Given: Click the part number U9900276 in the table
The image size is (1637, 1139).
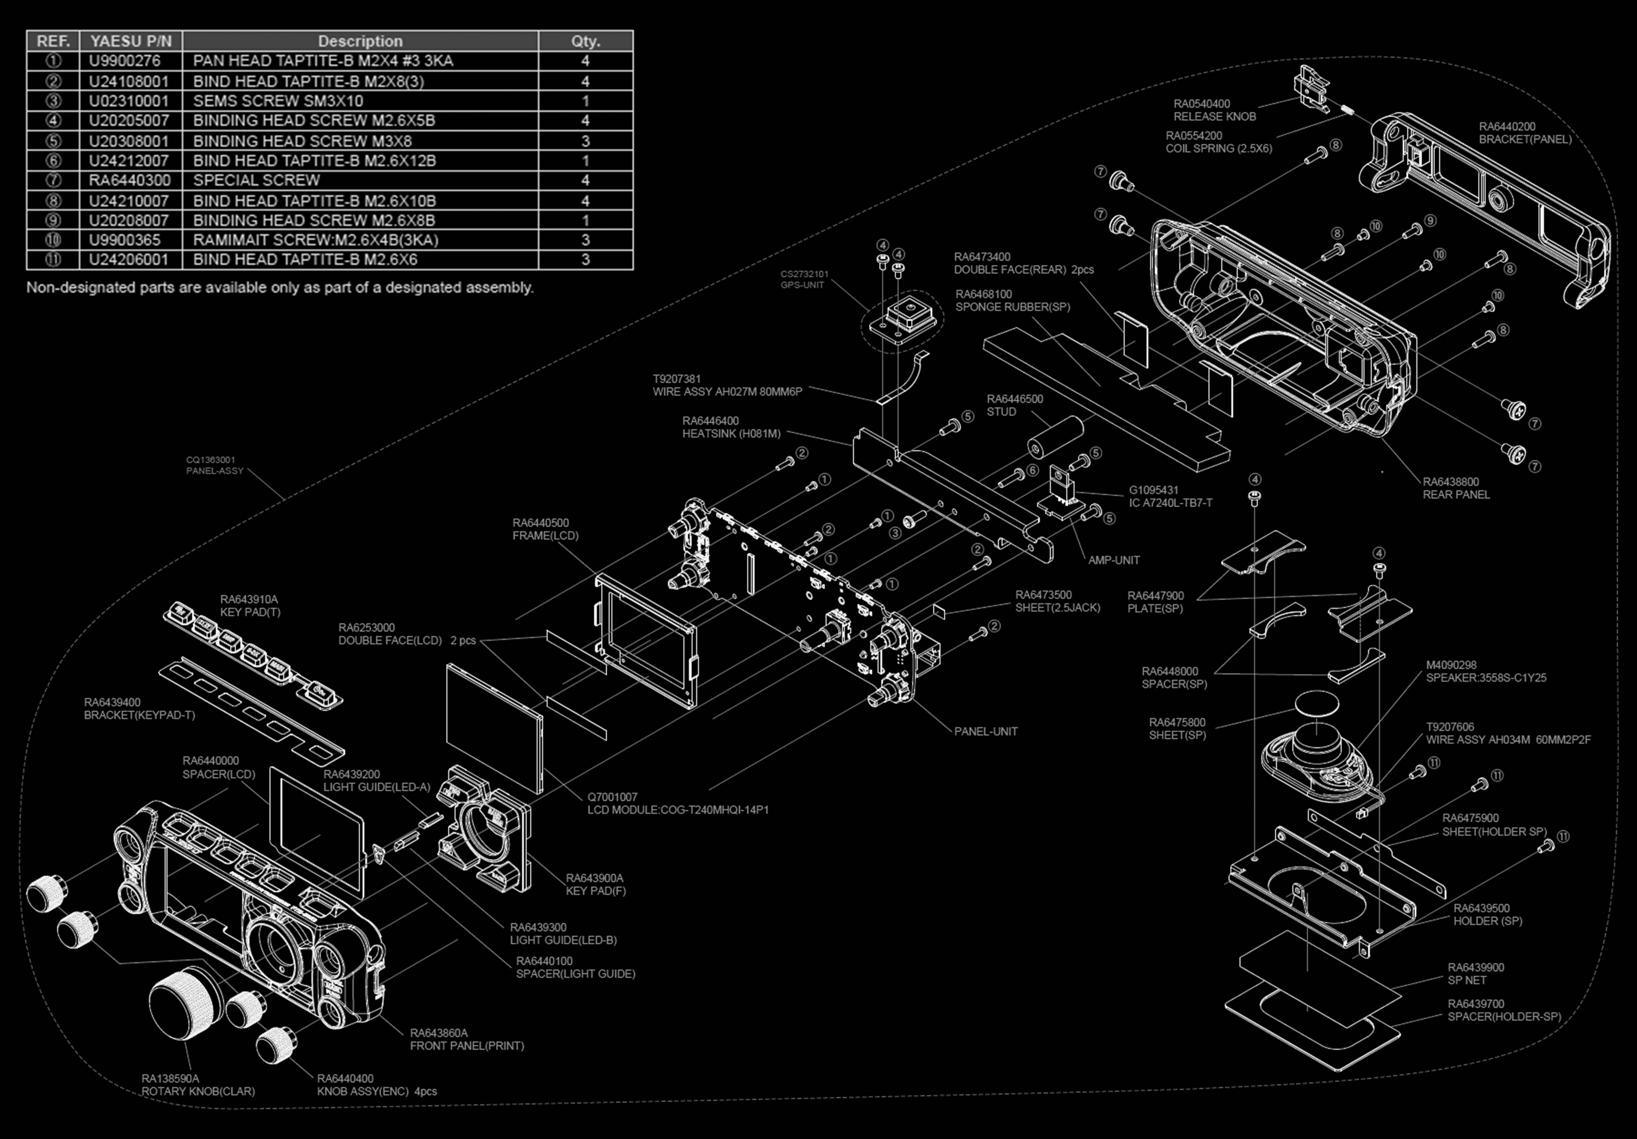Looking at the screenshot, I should pyautogui.click(x=125, y=61).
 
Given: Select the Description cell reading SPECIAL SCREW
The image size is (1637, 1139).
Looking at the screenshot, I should pyautogui.click(x=257, y=180).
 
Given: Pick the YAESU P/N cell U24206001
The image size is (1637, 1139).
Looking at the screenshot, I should pyautogui.click(x=128, y=259).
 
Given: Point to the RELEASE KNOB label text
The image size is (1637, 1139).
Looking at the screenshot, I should pyautogui.click(x=1214, y=116).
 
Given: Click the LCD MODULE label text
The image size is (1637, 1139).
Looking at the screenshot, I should pyautogui.click(x=677, y=810).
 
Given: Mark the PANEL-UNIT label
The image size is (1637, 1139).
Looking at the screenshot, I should pyautogui.click(x=985, y=731).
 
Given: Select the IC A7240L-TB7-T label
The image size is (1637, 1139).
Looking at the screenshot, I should pyautogui.click(x=1170, y=503).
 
